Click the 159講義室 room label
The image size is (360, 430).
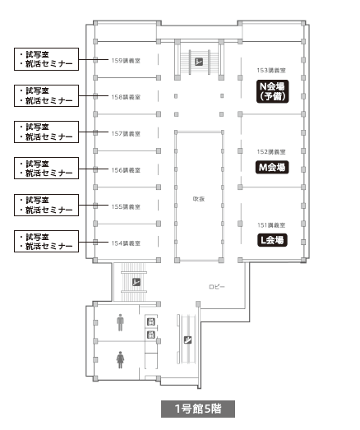point(126,61)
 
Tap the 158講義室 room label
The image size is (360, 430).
point(126,97)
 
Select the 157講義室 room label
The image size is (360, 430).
point(126,133)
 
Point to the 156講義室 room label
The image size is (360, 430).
point(126,170)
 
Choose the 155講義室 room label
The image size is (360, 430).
point(126,206)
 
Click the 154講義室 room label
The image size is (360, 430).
point(126,243)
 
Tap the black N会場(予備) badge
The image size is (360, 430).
point(272,91)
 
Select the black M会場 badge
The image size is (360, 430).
point(272,167)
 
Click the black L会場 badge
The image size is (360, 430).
point(272,240)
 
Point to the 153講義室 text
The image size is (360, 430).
point(271,71)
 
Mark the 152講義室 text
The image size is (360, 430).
point(271,151)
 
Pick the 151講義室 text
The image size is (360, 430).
point(271,225)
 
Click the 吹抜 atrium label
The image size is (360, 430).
point(199,199)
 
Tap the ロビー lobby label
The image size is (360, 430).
point(217,287)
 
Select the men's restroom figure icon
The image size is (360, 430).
point(120,322)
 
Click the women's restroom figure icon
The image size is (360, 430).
point(120,359)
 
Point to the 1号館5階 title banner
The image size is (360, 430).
point(198,409)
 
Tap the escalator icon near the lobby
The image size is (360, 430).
point(187,340)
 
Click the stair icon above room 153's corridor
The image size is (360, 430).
point(199,62)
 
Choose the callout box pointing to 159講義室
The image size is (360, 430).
point(46,59)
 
